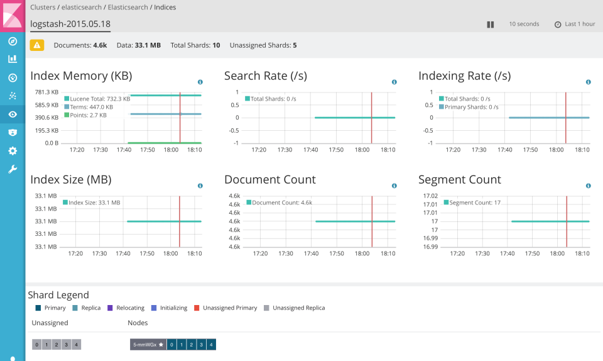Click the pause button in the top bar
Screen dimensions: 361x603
point(491,25)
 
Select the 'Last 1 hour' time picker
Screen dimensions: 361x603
point(575,24)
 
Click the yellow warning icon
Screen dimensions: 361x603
point(37,45)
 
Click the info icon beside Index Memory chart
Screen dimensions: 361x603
point(200,82)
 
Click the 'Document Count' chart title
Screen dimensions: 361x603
point(270,180)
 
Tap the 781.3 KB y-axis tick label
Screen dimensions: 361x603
point(46,92)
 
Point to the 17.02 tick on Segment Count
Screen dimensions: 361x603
point(430,196)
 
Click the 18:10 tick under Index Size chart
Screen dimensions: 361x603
point(195,254)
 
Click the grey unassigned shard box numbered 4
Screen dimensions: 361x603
point(77,345)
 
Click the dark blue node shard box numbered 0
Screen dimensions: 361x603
point(171,345)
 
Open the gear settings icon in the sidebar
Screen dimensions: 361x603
point(12,151)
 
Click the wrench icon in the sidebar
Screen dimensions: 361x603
point(12,169)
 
